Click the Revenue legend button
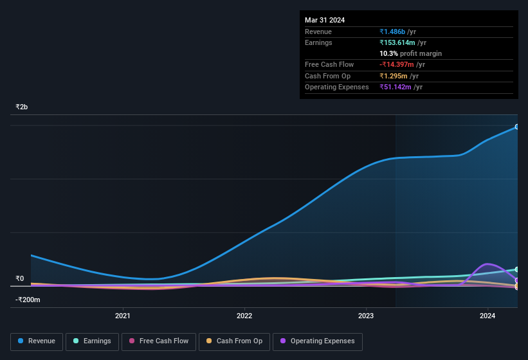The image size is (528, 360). (37, 341)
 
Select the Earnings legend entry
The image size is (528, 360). (93, 341)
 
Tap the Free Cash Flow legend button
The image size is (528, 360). (158, 341)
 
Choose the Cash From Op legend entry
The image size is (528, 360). (234, 341)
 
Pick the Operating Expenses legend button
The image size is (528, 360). (317, 341)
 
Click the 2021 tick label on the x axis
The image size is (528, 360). (123, 316)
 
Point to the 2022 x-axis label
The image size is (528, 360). (244, 316)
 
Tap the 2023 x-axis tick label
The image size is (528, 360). (366, 316)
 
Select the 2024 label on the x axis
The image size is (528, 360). (487, 316)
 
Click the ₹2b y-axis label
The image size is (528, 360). (22, 107)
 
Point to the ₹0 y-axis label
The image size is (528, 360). (20, 278)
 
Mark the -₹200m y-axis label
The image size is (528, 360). (28, 300)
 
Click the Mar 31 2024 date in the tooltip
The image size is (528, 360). (325, 20)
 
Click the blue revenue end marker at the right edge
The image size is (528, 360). (517, 127)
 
